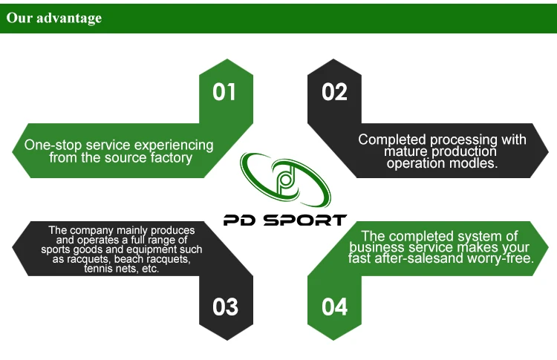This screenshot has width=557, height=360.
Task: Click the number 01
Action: pyautogui.click(x=224, y=92)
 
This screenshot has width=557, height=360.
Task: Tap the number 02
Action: pyautogui.click(x=334, y=92)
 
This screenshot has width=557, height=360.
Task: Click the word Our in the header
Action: pyautogui.click(x=19, y=18)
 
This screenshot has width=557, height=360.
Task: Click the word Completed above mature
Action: pyautogui.click(x=393, y=140)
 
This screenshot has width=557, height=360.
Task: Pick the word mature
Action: pyautogui.click(x=405, y=151)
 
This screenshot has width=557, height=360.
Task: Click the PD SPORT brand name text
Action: pyautogui.click(x=284, y=220)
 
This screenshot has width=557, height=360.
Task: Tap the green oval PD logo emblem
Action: pyautogui.click(x=284, y=180)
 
